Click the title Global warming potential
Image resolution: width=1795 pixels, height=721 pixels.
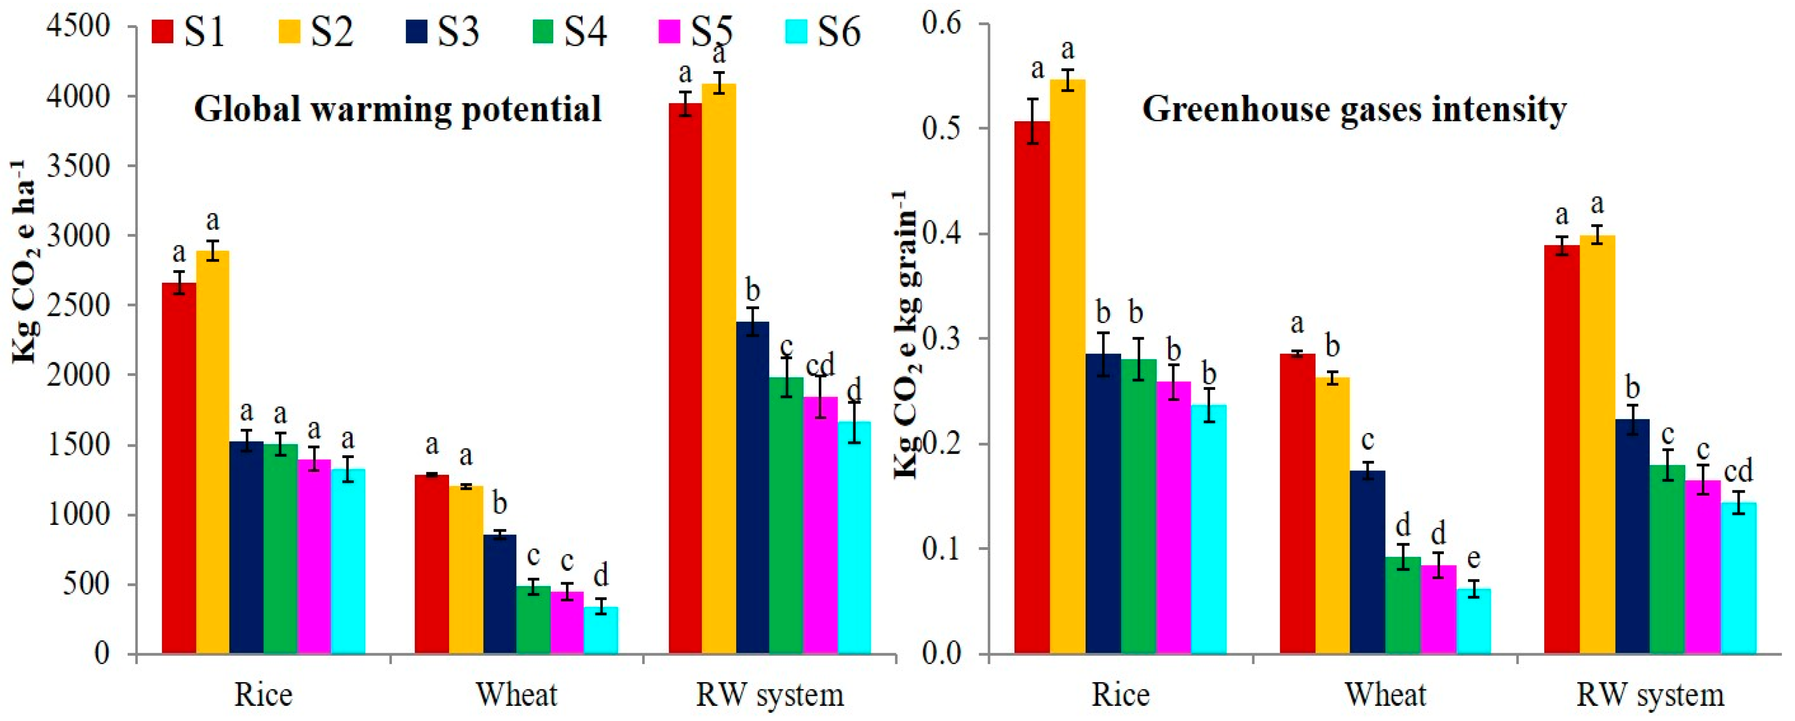click(x=397, y=109)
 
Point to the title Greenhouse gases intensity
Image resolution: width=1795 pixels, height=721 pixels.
click(x=1354, y=109)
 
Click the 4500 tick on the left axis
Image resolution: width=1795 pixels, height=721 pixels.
click(x=79, y=26)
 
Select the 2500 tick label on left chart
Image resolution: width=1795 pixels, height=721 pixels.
click(x=79, y=305)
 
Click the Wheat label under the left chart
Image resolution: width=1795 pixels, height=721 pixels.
click(x=516, y=694)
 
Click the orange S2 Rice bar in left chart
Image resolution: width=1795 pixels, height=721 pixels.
click(x=212, y=453)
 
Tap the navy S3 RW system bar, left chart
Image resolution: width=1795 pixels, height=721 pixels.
click(x=752, y=488)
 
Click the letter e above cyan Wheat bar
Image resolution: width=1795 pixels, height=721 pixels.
click(x=1473, y=559)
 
